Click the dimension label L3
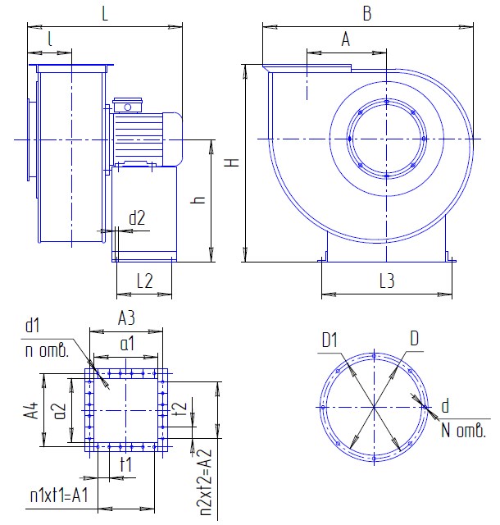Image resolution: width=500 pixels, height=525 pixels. tap(387, 281)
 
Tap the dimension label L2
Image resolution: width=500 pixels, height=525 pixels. tap(144, 281)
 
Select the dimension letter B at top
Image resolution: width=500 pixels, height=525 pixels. tap(367, 14)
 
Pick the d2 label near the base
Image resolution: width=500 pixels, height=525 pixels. tap(137, 217)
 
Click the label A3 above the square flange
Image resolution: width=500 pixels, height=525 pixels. tap(126, 317)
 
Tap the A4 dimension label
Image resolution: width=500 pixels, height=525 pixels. tap(31, 410)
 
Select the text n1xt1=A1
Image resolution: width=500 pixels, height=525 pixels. tap(59, 495)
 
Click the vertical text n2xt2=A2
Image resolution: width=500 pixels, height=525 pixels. tap(207, 482)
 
